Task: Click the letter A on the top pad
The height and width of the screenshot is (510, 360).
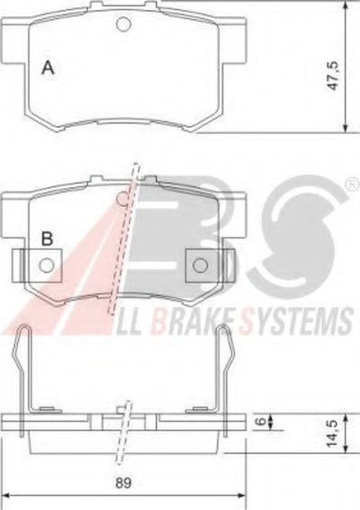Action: click(49, 67)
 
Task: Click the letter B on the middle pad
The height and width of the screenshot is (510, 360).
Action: click(47, 239)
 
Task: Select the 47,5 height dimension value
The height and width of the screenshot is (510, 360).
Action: click(334, 76)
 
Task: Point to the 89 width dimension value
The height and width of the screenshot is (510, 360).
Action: click(123, 483)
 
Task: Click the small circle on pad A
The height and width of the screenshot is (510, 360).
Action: click(123, 24)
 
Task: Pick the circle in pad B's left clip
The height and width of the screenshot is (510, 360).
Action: click(46, 265)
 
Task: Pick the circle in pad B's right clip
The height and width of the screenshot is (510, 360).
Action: click(200, 264)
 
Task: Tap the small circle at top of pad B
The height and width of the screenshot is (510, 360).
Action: click(123, 199)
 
